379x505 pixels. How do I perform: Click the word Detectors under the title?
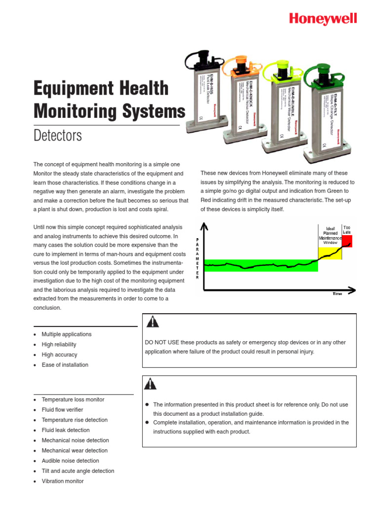pos(57,135)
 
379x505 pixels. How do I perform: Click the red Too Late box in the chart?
pos(347,242)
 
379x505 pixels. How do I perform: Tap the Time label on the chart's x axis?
pos(337,294)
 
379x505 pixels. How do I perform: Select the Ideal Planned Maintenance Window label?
pos(330,235)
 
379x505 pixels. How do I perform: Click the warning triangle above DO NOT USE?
pos(152,322)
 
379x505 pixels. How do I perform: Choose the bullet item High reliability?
pos(59,344)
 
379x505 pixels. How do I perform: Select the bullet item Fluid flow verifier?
pos(62,409)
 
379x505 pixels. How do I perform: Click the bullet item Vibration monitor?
pos(63,481)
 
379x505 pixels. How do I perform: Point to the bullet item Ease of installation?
pos(65,365)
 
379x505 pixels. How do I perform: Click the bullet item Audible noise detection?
pos(70,461)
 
